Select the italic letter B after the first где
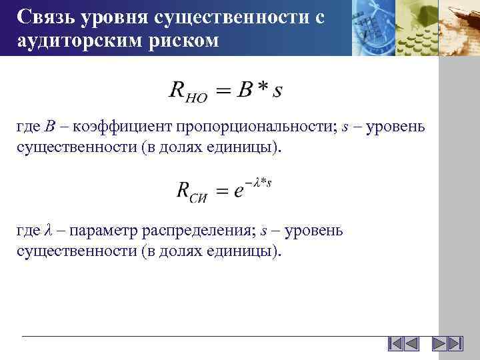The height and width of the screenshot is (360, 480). point(51,127)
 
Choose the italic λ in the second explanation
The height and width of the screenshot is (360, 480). point(47,231)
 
